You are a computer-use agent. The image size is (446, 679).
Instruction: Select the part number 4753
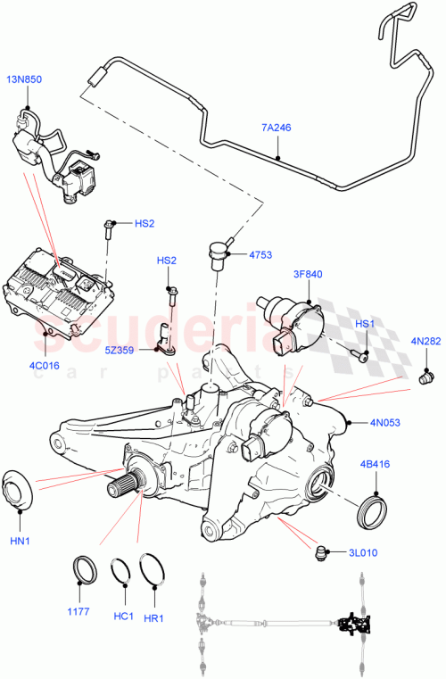(260, 255)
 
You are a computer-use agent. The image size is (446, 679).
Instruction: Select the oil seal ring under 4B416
(372, 512)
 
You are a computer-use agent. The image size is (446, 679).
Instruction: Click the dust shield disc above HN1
(19, 490)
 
